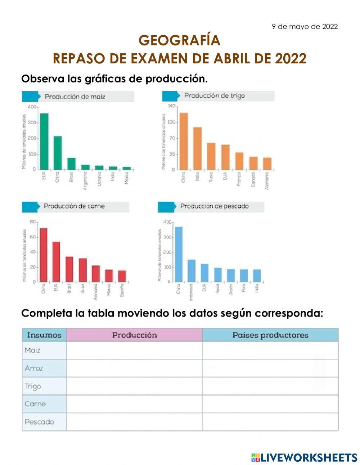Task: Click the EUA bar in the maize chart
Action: [x=44, y=142]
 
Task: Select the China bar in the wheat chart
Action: [x=184, y=141]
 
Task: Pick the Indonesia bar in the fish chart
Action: [x=192, y=270]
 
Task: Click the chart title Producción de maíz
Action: [x=75, y=97]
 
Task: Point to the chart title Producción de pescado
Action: [x=214, y=206]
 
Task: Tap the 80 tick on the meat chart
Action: [x=33, y=222]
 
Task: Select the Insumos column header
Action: [x=44, y=335]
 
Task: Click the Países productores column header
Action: [x=270, y=335]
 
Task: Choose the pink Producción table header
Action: [x=134, y=335]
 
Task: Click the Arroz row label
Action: [x=34, y=368]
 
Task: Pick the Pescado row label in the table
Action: [x=39, y=421]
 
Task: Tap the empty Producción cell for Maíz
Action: [x=134, y=350]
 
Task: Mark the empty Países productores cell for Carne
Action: [x=270, y=404]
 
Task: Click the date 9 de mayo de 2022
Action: [x=305, y=27]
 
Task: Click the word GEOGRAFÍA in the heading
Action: [x=179, y=41]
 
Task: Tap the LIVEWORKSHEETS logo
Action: [x=304, y=457]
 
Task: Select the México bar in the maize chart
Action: [x=126, y=168]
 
